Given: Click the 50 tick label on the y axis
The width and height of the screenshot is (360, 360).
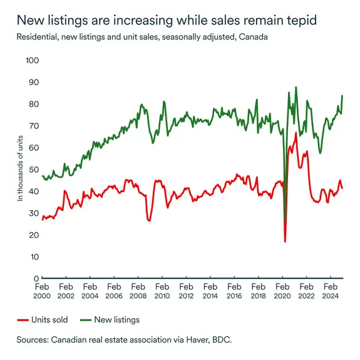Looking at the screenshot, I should point(33,170).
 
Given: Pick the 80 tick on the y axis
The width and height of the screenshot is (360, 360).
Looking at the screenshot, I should point(33,105).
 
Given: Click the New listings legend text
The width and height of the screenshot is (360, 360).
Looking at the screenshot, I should point(116,320).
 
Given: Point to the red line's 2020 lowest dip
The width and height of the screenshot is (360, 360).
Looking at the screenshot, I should point(285,242).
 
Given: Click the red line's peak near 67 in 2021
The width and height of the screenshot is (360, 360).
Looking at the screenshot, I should point(296,133).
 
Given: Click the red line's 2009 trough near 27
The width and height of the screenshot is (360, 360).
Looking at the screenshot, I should point(149,220).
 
